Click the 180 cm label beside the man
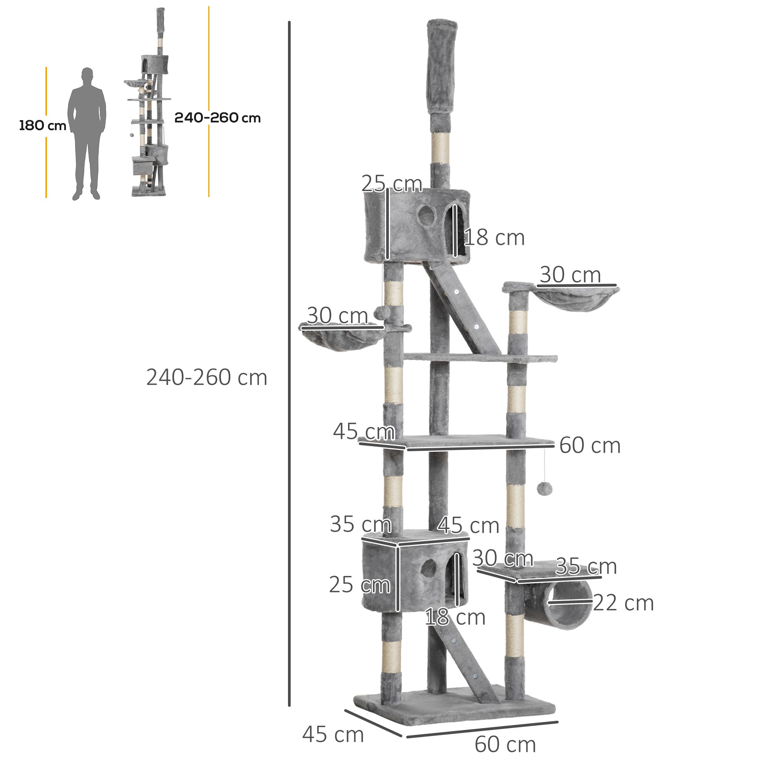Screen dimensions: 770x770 (x=43, y=126)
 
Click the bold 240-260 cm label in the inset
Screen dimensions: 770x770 (x=217, y=118)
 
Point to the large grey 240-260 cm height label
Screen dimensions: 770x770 (x=206, y=377)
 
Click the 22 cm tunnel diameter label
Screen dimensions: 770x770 (x=623, y=603)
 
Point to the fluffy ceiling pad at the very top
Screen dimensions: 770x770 (x=442, y=68)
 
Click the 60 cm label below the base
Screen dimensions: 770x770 (x=505, y=745)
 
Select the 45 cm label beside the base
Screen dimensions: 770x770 (x=333, y=735)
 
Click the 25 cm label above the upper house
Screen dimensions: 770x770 (x=392, y=184)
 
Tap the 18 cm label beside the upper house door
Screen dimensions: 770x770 (x=494, y=238)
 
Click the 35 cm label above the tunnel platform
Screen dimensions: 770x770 (x=586, y=566)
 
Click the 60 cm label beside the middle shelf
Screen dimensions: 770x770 (x=589, y=445)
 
